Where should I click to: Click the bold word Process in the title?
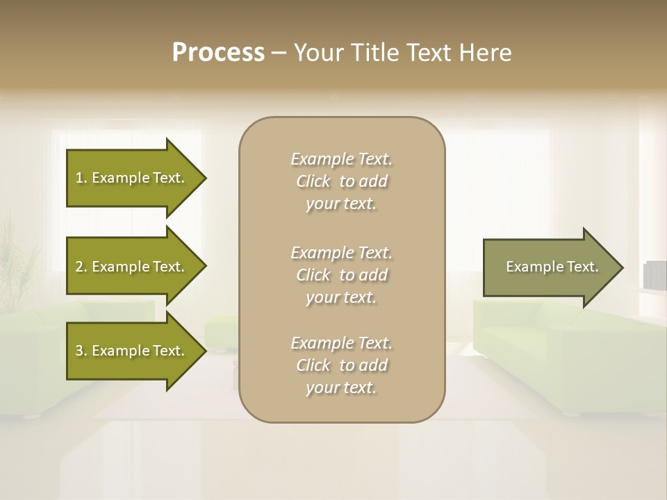[218, 53]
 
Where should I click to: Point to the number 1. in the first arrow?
[81, 178]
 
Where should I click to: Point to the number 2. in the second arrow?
[81, 267]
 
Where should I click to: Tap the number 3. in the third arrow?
[81, 351]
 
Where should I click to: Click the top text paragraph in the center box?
[341, 181]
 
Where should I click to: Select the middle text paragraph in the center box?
[341, 275]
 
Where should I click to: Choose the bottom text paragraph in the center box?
[341, 365]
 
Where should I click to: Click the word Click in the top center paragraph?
[313, 181]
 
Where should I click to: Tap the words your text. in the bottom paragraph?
[341, 387]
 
